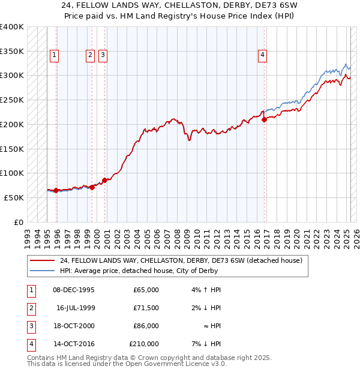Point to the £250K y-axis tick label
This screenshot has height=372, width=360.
pyautogui.click(x=12, y=100)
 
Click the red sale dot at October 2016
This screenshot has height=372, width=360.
pyautogui.click(x=265, y=119)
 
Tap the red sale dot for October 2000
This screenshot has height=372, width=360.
pyautogui.click(x=104, y=180)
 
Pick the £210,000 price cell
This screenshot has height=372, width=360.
pyautogui.click(x=144, y=344)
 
